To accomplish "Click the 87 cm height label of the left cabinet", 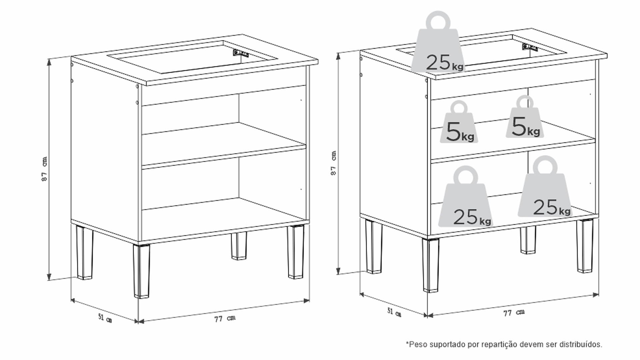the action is [x=44, y=169].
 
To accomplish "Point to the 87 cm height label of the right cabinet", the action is [x=333, y=163].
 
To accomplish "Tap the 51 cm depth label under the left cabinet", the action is [x=105, y=318].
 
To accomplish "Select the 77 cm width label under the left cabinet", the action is [x=225, y=319].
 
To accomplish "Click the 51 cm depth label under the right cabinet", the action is [x=394, y=312].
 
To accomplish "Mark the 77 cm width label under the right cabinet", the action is [x=514, y=313].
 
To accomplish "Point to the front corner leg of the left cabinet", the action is [x=141, y=271].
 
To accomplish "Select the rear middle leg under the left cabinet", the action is [x=239, y=246].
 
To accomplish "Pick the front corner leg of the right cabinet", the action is [x=431, y=265].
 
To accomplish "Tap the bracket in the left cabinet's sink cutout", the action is [x=241, y=53].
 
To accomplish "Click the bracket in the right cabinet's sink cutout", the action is [x=530, y=47].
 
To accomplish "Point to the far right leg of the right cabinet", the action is [x=585, y=246].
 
